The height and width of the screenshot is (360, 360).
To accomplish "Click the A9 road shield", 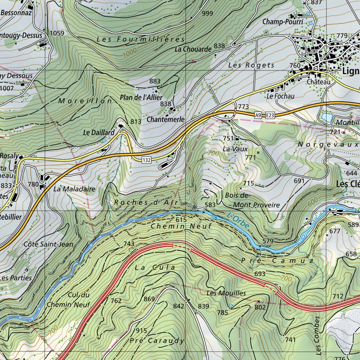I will pos(258,115).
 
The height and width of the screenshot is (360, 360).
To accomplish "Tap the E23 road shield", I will pos(270,115).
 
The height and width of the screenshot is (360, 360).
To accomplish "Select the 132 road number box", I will pos(147,160).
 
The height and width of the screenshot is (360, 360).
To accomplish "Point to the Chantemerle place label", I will pos(166,120).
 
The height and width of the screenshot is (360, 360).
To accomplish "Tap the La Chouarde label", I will pos(193,49).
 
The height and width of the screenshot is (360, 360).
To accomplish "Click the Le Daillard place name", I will pos(99,133).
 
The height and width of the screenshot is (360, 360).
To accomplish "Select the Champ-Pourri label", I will pos(278,22).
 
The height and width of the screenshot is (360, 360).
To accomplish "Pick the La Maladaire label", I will pos(75,189).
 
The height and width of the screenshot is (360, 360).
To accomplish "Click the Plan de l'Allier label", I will pos(141,97).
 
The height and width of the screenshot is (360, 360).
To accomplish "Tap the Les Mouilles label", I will pos(226,293).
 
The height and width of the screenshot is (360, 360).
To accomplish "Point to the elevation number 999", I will pos(207,13).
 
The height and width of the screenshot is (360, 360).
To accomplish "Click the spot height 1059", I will pos(57,33).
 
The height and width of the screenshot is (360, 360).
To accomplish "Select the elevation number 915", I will pos(141,330).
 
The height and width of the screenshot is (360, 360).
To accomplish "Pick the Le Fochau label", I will pos(280,96).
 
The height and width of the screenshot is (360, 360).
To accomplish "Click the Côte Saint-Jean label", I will pos(49,244).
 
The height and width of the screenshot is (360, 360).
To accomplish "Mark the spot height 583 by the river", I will pos(210,205).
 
